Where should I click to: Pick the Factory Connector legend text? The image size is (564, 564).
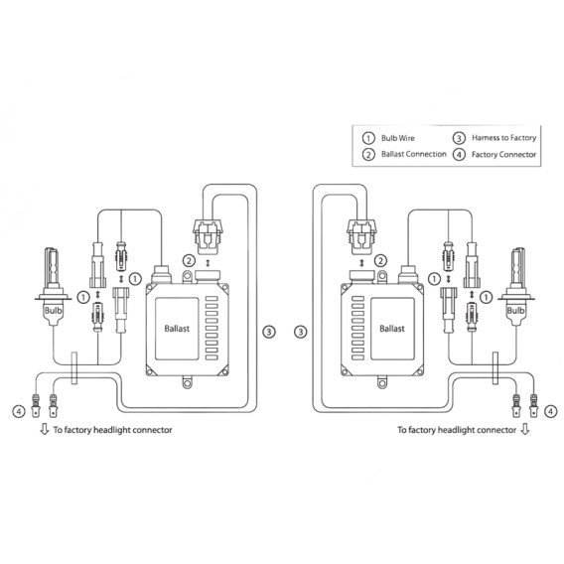click(503, 154)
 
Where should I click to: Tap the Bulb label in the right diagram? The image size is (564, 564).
click(515, 310)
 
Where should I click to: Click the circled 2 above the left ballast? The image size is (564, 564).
click(188, 261)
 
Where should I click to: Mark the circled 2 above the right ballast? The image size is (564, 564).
click(380, 261)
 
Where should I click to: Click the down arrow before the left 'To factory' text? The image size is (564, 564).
click(43, 430)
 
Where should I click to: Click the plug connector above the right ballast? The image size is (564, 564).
click(356, 234)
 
